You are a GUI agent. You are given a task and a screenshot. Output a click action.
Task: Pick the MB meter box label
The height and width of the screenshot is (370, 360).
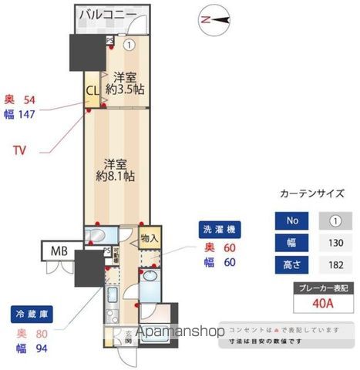[59, 252]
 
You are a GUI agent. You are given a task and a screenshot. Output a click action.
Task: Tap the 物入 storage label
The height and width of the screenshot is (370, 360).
[150, 239]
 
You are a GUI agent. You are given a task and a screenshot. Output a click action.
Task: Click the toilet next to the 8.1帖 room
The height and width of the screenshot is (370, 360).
[98, 234]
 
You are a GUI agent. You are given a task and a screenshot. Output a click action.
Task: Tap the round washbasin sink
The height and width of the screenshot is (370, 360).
[150, 274]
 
